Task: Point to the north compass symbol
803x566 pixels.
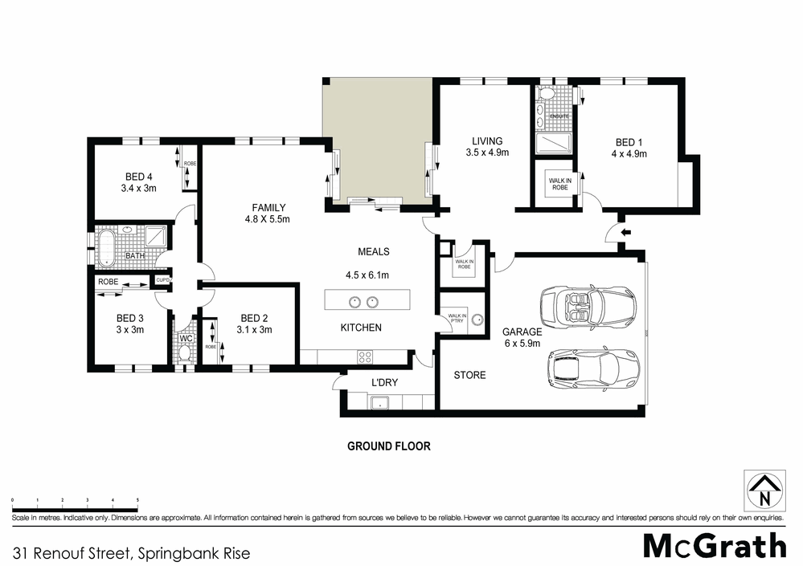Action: tap(762, 489)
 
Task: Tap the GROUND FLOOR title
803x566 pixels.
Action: tap(388, 446)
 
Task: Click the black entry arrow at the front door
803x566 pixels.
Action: tap(627, 233)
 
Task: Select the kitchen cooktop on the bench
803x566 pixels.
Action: tap(365, 357)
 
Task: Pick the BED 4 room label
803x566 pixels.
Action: tap(139, 182)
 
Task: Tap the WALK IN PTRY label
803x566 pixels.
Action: tap(457, 319)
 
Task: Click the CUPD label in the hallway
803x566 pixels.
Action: tap(162, 280)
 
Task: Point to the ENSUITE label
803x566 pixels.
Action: tap(559, 117)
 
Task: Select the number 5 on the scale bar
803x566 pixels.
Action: tap(138, 499)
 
